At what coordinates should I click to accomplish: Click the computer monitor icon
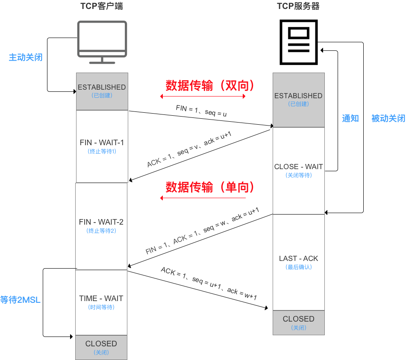102,41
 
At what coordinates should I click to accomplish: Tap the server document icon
299,42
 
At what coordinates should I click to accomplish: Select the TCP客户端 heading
102,6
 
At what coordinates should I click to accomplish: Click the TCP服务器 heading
298,6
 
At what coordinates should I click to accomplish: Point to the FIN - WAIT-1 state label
102,142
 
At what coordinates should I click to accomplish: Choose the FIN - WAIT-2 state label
101,222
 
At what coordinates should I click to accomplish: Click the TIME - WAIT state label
101,299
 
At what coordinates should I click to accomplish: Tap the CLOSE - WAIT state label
298,167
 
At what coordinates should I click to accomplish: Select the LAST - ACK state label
298,258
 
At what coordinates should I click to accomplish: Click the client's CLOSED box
101,347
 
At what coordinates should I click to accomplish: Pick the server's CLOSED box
298,322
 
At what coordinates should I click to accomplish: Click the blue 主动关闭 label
26,57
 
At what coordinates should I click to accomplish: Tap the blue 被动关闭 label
388,119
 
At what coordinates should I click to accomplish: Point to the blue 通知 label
350,119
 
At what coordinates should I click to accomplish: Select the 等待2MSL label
21,300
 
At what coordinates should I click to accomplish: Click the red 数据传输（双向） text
210,86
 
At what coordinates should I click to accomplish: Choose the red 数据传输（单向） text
210,187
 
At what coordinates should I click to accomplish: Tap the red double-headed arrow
203,96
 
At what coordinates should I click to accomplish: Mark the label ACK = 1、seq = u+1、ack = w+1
209,284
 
